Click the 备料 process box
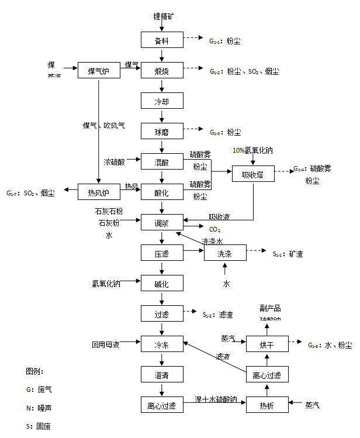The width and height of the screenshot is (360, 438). (161, 40)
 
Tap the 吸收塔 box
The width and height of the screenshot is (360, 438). (253, 174)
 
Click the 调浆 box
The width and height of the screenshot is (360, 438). (161, 223)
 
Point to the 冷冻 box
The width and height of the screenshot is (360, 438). (161, 344)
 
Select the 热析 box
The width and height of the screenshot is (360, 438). (266, 405)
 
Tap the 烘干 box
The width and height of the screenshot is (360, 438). (266, 345)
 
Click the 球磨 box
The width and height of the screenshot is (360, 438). (161, 132)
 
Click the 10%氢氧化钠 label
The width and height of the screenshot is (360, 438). (252, 150)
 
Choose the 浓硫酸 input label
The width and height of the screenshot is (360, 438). (114, 162)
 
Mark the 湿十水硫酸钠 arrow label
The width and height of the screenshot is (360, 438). (216, 400)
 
